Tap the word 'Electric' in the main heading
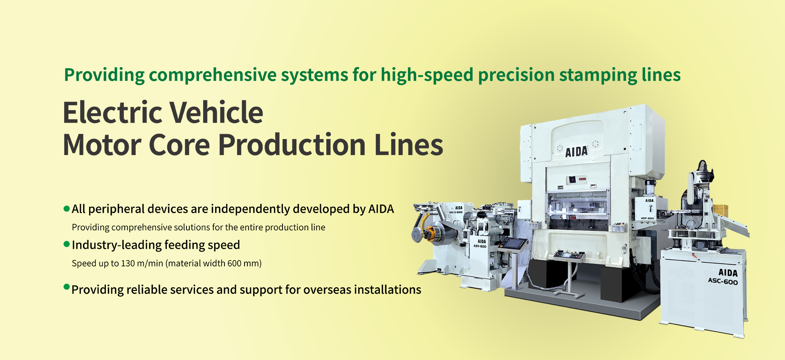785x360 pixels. [113, 112]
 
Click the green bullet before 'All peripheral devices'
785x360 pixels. [67, 209]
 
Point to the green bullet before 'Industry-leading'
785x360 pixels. [67, 244]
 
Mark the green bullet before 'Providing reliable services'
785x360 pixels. [67, 286]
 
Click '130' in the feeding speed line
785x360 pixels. [128, 263]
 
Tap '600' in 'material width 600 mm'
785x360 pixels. [234, 263]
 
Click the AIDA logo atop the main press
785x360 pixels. [576, 152]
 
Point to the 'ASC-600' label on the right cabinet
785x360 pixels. [723, 281]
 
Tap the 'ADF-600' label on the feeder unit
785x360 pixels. [647, 218]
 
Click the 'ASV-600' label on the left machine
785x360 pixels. [480, 246]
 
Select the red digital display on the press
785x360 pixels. [582, 179]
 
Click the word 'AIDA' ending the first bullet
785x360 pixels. [381, 209]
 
